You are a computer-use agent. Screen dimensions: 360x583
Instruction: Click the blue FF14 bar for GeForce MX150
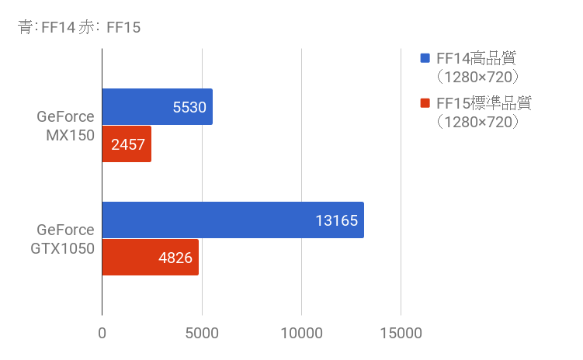pos(157,107)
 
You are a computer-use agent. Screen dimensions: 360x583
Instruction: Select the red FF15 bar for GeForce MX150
pos(127,144)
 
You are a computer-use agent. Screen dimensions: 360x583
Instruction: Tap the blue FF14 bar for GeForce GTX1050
pos(233,220)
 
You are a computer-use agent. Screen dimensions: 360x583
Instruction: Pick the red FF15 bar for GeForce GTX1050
pos(151,257)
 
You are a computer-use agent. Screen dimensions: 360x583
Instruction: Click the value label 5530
pos(190,107)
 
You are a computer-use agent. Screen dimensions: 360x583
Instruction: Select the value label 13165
pos(337,220)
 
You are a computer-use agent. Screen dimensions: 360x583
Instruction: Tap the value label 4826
pos(175,257)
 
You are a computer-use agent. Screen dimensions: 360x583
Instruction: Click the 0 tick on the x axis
pos(102,334)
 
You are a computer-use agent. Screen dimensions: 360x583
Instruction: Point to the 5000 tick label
pos(202,334)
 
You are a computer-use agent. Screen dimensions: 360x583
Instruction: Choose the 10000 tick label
pos(301,334)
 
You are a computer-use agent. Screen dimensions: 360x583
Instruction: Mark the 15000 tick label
pos(401,334)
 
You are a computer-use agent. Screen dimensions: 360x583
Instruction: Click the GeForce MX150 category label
pos(65,126)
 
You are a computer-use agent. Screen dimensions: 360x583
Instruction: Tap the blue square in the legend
pos(425,58)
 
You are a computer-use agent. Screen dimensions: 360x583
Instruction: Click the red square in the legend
pos(425,103)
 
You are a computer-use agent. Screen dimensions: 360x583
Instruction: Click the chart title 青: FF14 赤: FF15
pos(78,28)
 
